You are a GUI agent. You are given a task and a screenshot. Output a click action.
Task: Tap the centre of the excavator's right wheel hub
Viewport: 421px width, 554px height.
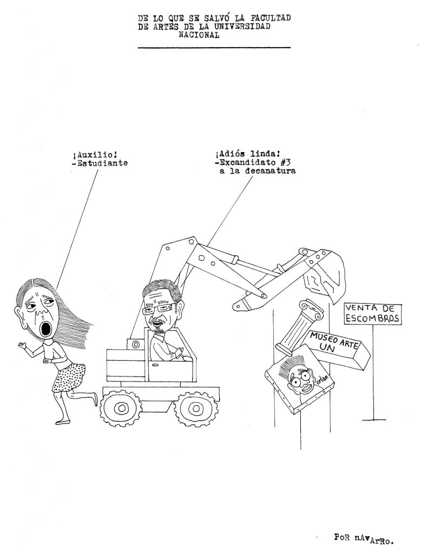point(195,409)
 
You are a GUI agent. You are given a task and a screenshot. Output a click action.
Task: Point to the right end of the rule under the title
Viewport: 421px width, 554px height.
point(290,47)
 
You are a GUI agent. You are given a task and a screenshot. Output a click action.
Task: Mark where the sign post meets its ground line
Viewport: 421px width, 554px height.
point(373,419)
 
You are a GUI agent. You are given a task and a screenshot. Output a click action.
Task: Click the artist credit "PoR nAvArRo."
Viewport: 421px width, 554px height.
point(364,538)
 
